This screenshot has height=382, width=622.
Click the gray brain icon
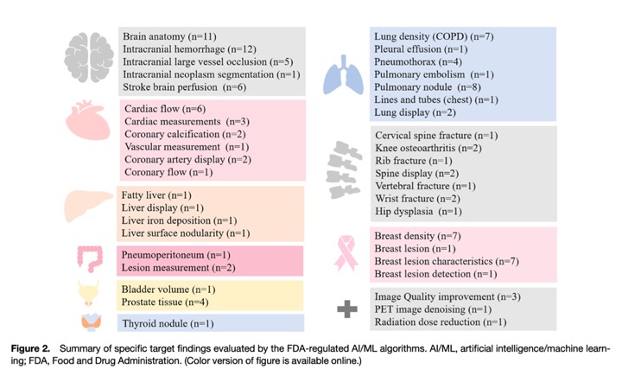[x=89, y=57]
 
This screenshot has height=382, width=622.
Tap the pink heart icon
[x=87, y=120]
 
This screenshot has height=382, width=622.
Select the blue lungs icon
[x=343, y=75]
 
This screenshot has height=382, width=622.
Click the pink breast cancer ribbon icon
[x=345, y=253]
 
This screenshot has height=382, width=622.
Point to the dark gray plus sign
[x=347, y=309]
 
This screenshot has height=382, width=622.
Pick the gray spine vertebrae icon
[x=344, y=169]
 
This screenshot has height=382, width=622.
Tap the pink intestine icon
[x=90, y=259]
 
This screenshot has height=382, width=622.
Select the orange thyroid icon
[x=92, y=322]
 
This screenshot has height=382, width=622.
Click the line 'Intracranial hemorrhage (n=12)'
[x=189, y=49]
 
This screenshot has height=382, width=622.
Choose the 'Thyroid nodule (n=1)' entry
[x=168, y=324]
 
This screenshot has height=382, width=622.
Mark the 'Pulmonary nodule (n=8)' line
[x=428, y=87]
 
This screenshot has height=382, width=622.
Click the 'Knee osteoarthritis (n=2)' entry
[x=428, y=148]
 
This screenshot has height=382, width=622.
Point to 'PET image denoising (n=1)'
[x=433, y=309]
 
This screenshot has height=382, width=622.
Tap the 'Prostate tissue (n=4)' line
[x=165, y=302]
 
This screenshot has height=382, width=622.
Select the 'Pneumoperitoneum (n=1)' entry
[x=175, y=255]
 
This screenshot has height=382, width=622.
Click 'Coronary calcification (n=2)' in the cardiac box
[x=185, y=134]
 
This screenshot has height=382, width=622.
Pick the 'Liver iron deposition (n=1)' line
[x=179, y=220]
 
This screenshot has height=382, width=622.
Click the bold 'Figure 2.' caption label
[x=30, y=349]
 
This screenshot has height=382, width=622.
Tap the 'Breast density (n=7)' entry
[x=417, y=236]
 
